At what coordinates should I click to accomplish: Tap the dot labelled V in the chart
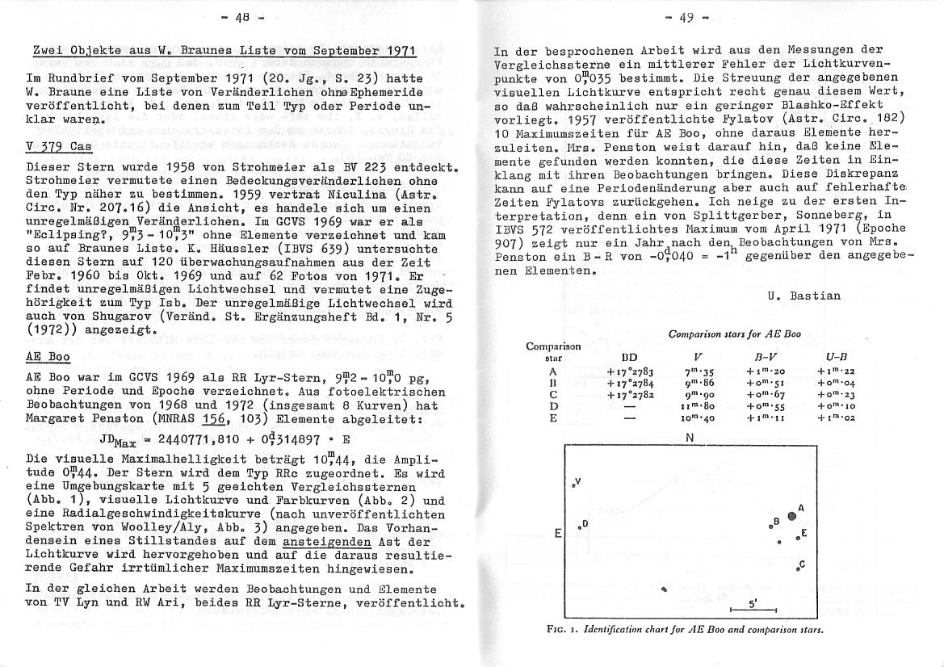(x=573, y=485)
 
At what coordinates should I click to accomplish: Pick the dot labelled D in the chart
(x=578, y=527)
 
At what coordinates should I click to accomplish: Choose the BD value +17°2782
(x=629, y=394)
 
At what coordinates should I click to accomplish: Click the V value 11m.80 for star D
(x=699, y=405)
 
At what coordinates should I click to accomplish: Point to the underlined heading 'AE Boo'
(x=48, y=358)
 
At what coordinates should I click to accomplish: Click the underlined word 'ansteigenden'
(x=328, y=542)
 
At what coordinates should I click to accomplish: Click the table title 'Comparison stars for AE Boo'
(x=735, y=333)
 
